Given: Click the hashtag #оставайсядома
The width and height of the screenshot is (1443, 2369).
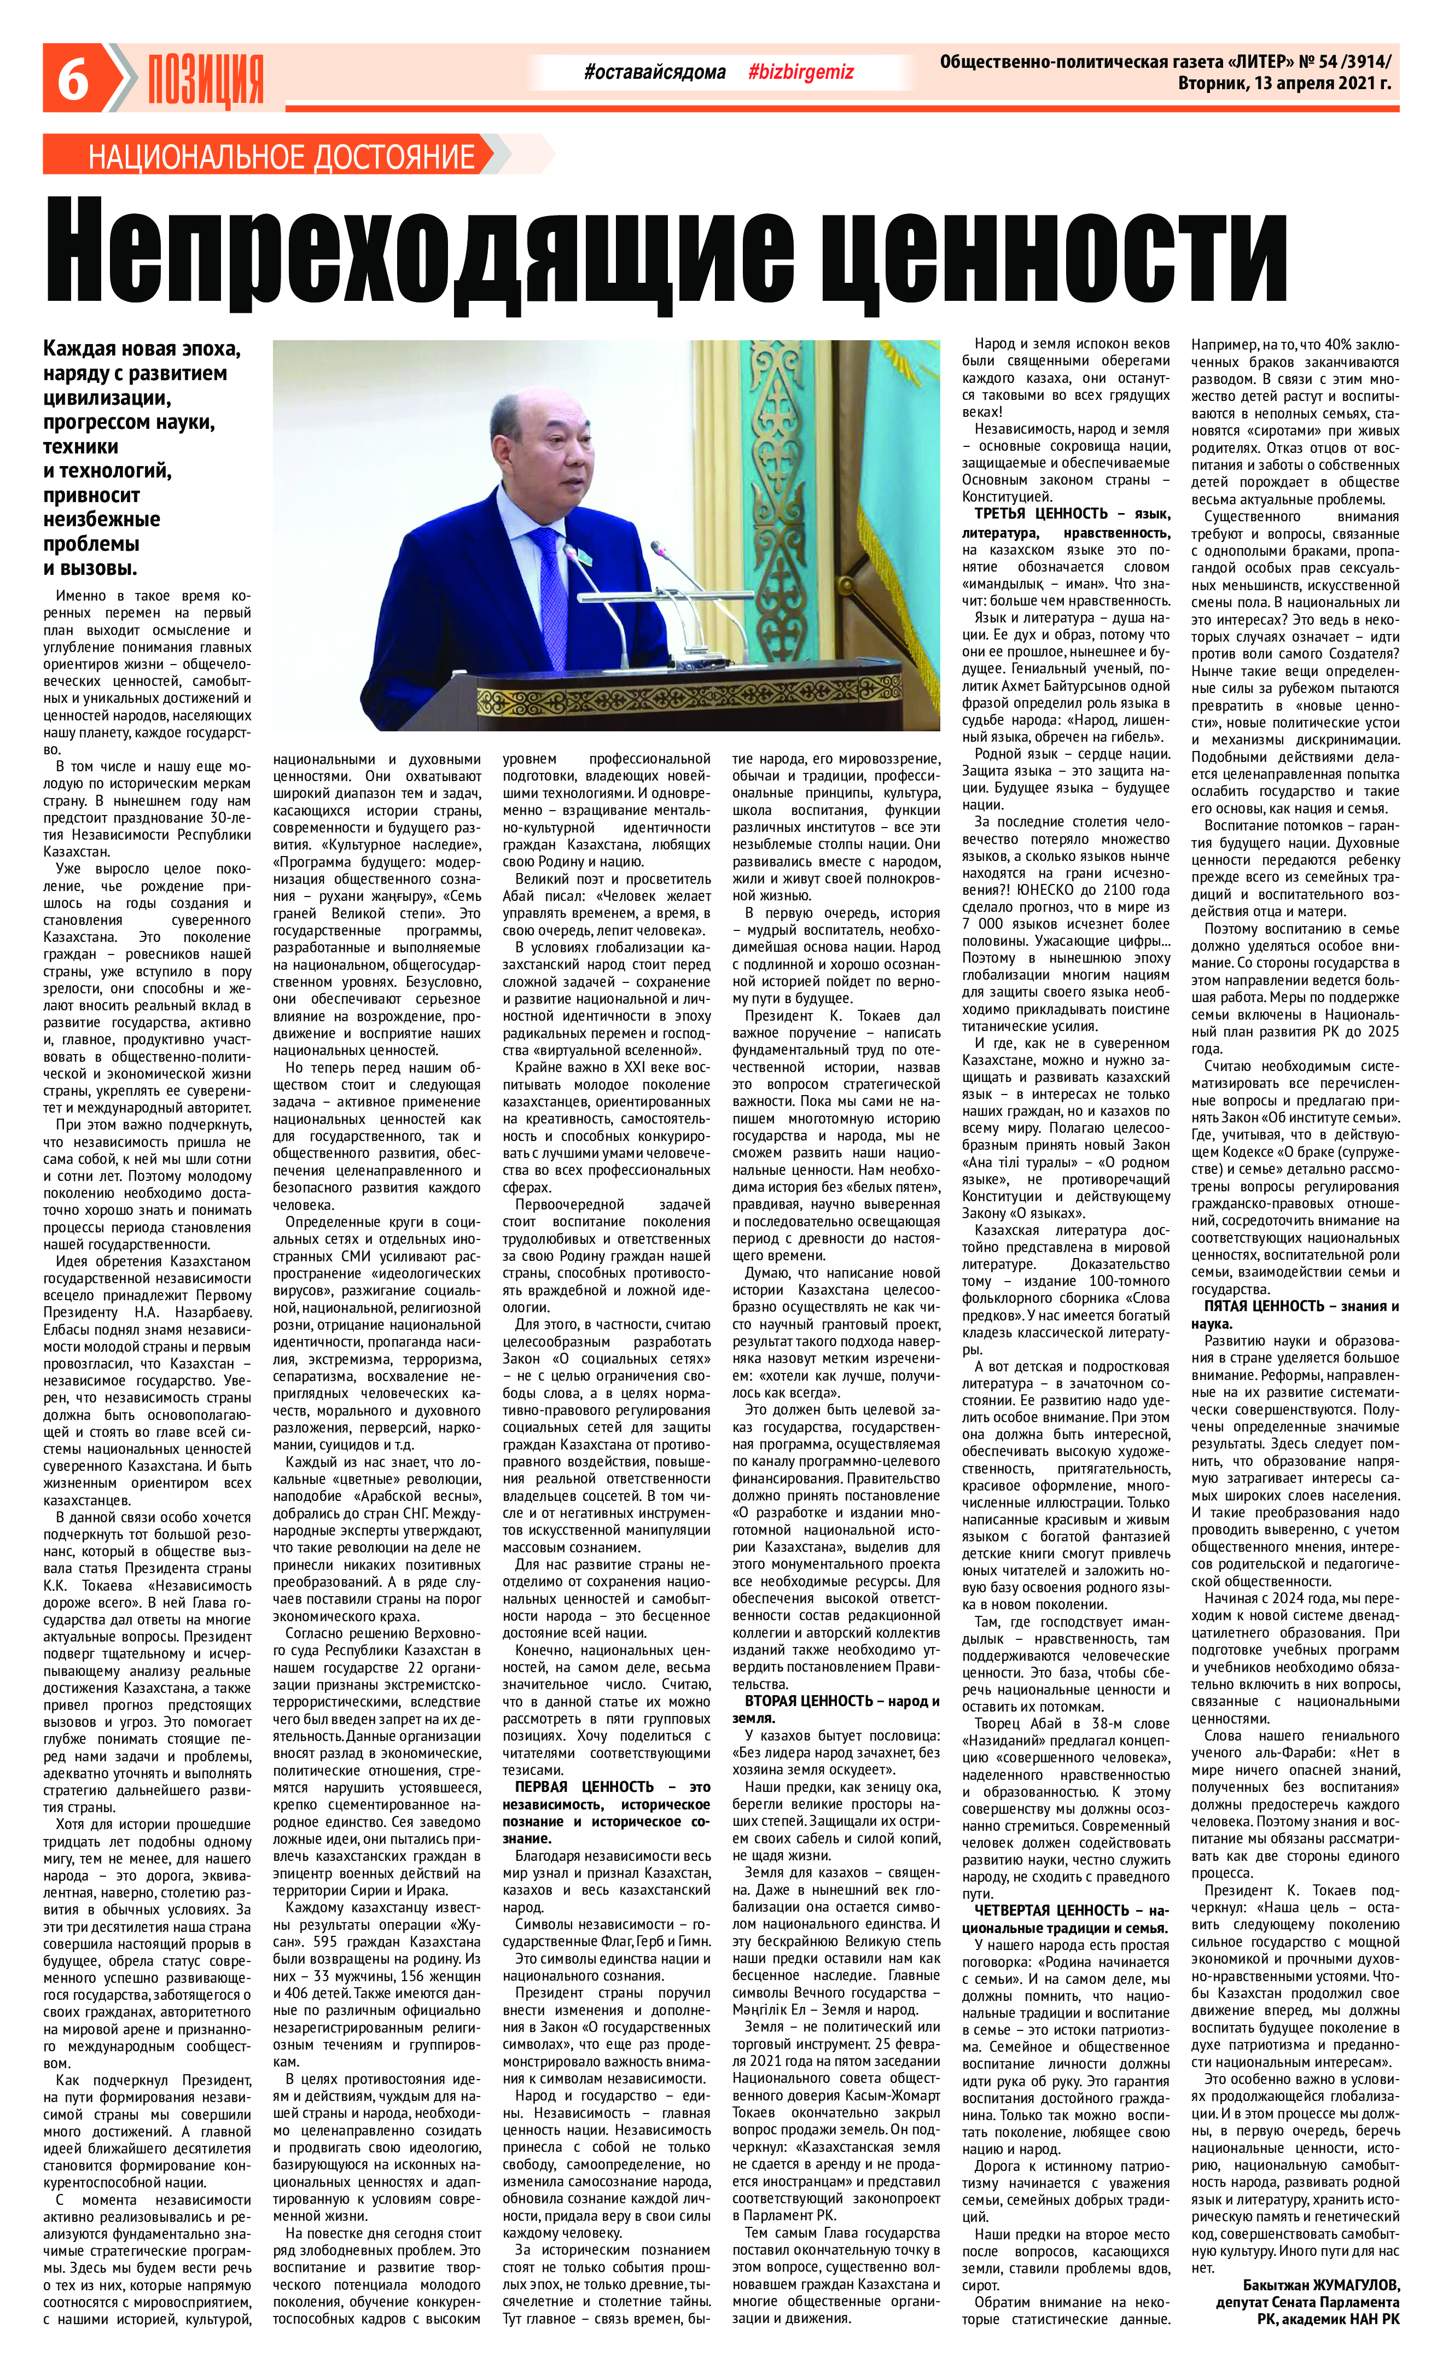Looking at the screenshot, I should coord(655,72).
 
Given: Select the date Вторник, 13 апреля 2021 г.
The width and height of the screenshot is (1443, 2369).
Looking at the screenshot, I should coord(1283,84).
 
